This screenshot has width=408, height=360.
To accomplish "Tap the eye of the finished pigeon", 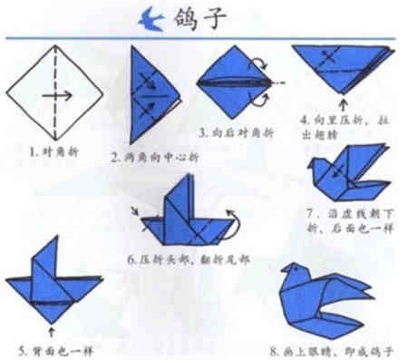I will point(299,276).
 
